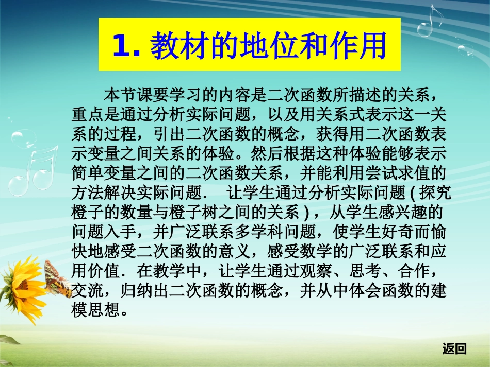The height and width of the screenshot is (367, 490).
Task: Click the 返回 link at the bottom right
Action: pyautogui.click(x=454, y=349)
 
